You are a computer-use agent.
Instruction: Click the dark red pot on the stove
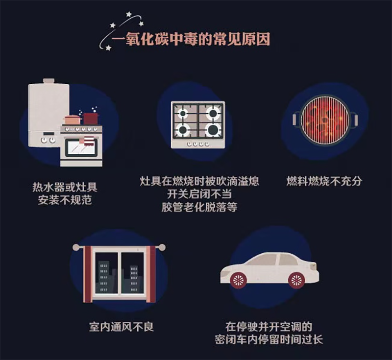91,118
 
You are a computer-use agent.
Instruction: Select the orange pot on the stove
73,120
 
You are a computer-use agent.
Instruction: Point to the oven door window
81,146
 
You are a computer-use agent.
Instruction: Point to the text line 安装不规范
65,200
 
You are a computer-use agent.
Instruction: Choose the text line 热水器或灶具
65,187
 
